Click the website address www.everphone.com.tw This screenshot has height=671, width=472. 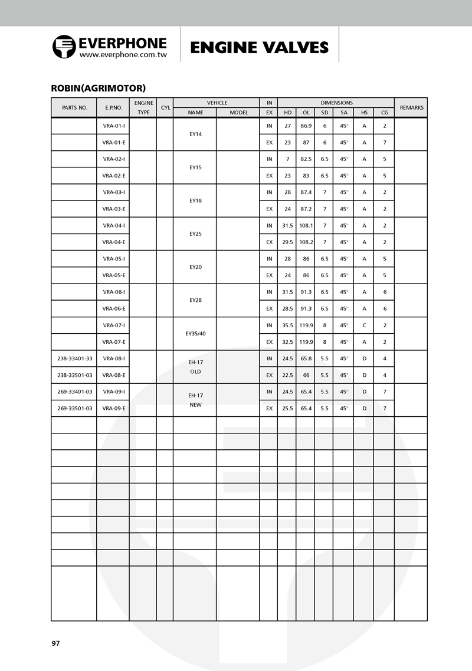click(123, 54)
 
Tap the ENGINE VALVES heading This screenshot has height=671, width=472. click(259, 48)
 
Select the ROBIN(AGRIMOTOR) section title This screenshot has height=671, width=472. click(99, 88)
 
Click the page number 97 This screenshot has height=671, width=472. click(56, 643)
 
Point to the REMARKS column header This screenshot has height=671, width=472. click(411, 108)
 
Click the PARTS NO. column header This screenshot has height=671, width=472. click(74, 108)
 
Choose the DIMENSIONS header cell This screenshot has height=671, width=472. click(336, 103)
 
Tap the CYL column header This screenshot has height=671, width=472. click(165, 108)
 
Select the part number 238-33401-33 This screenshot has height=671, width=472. click(74, 358)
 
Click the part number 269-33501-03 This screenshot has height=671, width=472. click(74, 408)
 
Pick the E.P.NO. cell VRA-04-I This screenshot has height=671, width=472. click(113, 225)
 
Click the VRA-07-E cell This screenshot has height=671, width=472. click(113, 341)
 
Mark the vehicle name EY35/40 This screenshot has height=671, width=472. click(195, 333)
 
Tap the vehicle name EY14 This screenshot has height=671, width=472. click(195, 134)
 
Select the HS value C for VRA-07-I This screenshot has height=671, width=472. click(364, 325)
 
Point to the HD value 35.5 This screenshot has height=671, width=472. click(287, 325)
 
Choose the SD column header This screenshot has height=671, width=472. click(324, 112)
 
